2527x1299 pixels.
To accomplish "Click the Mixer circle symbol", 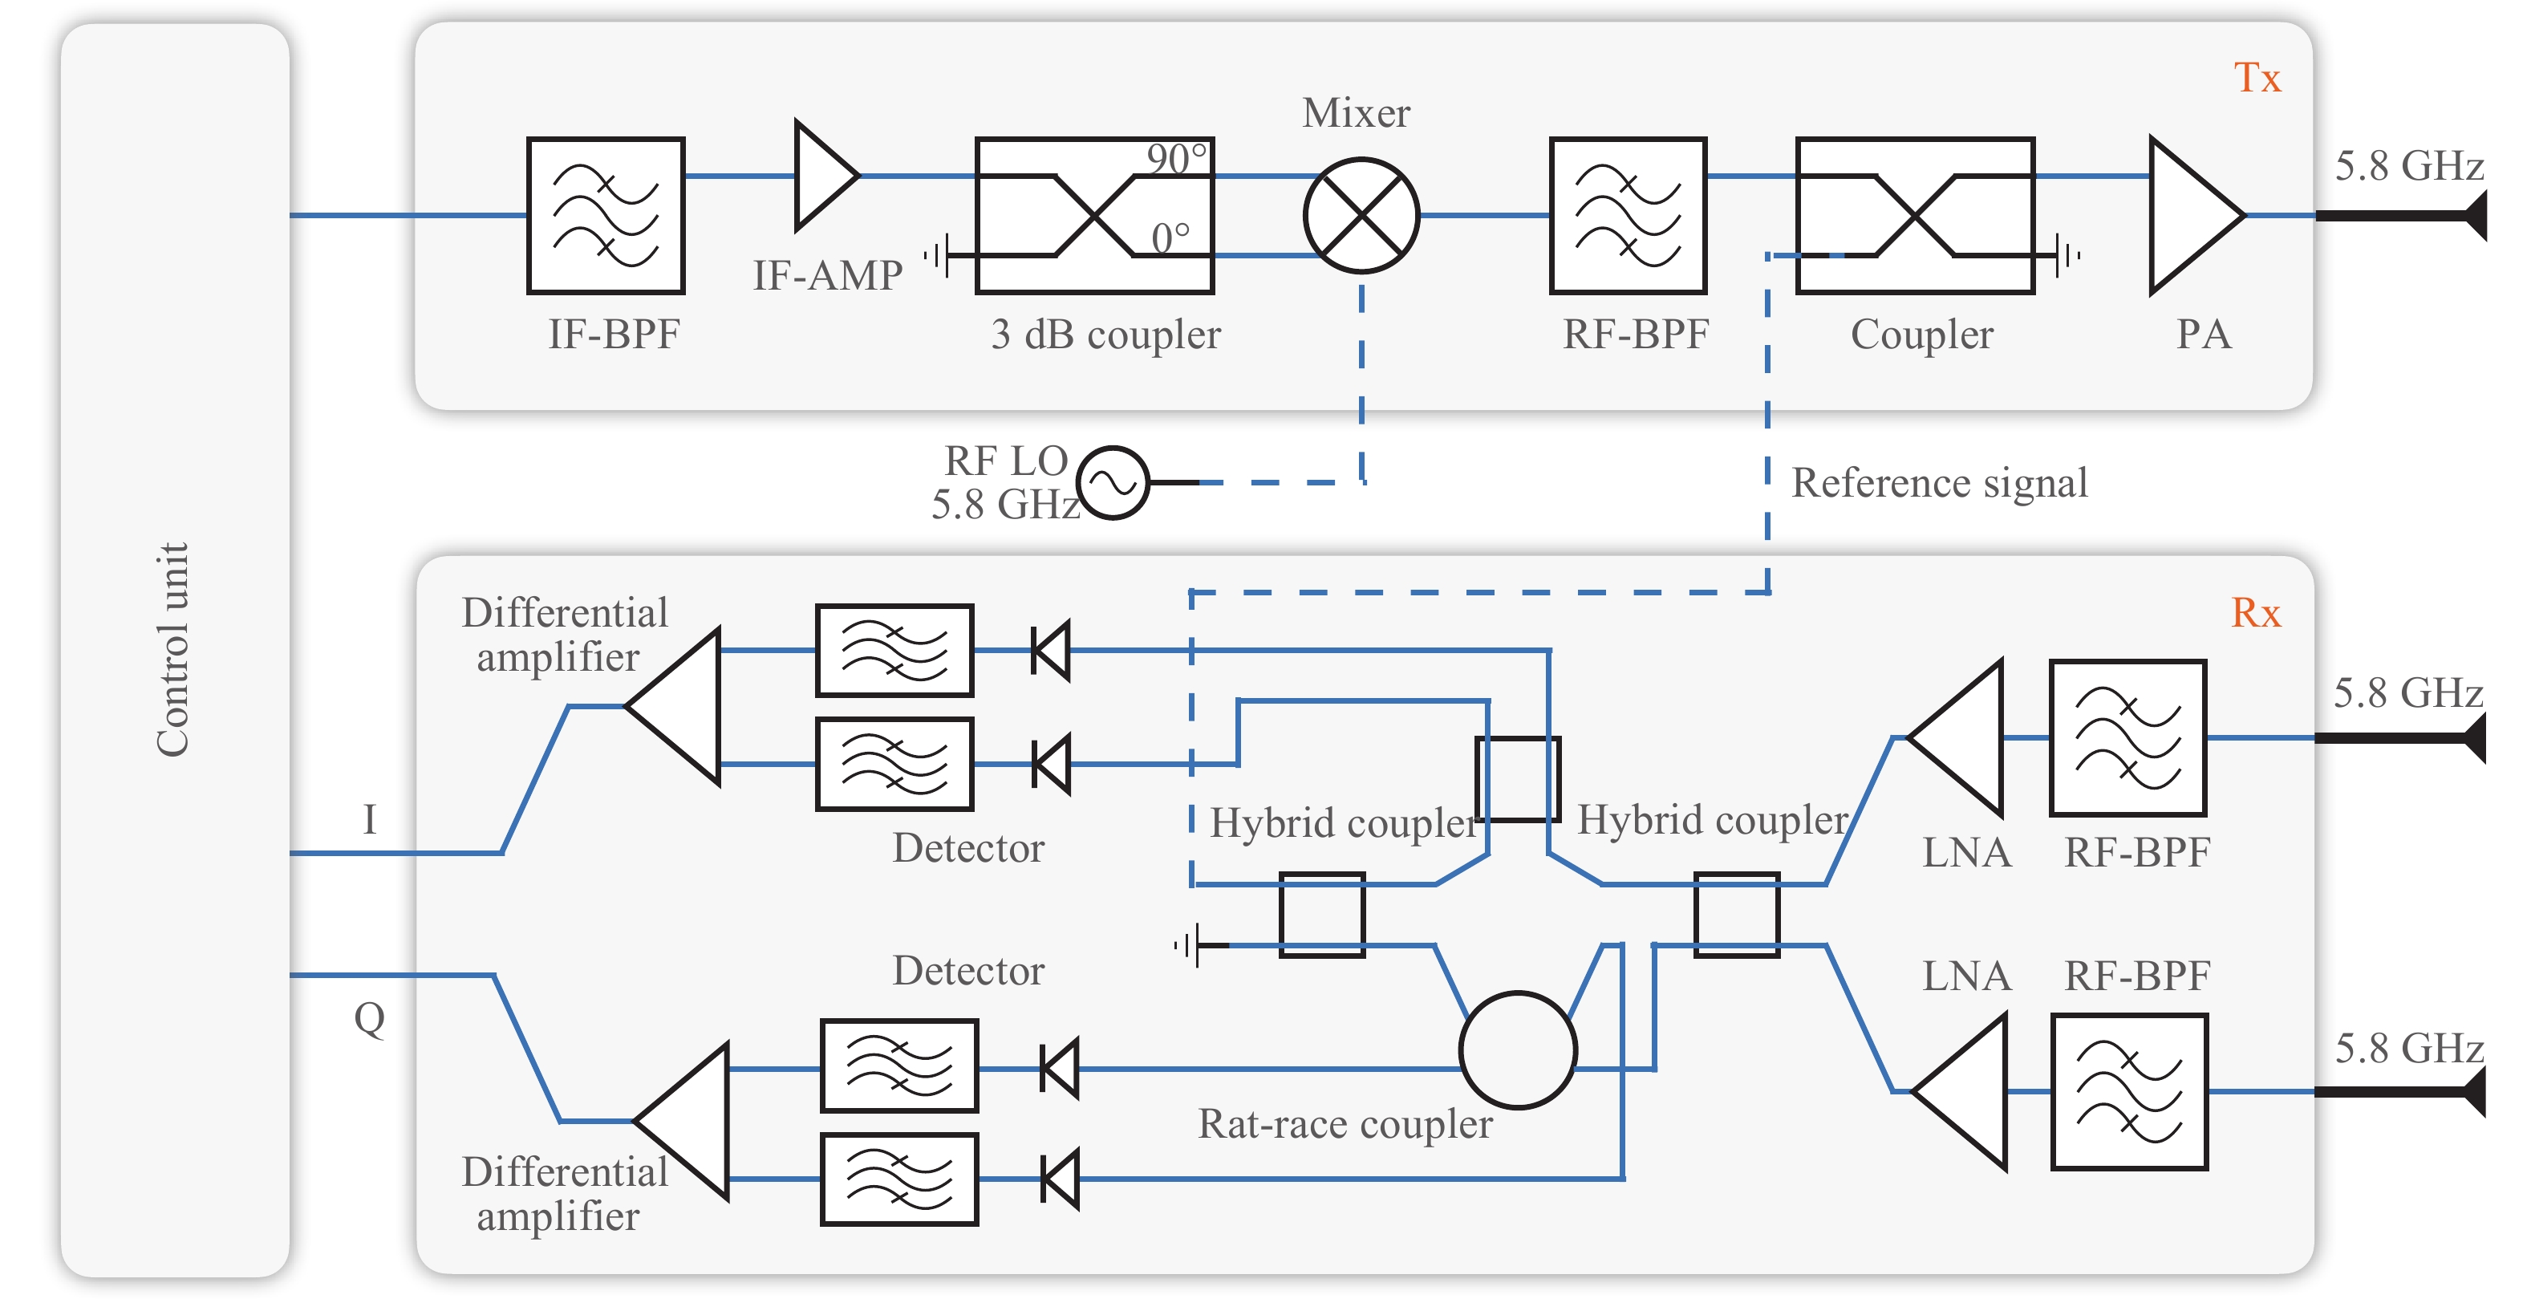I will click(1361, 215).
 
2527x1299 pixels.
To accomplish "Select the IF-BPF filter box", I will click(605, 216).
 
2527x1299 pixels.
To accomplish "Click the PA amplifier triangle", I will click(2191, 215).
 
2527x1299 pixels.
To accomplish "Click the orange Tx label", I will click(2257, 78).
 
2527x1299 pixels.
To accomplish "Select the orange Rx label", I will click(2255, 613).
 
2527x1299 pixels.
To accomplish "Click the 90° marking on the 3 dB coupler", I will click(1176, 159).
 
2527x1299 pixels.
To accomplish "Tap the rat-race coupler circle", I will click(1518, 1049).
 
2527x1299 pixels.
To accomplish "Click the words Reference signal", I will click(1940, 483).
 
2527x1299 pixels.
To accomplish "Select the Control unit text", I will click(172, 650).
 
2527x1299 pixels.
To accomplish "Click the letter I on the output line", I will click(369, 819).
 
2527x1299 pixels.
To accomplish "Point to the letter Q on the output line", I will click(369, 1018).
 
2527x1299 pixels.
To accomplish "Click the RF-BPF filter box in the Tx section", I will click(1629, 216).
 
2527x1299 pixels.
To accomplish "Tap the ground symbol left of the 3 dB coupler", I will click(937, 256).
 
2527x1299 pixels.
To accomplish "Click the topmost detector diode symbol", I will click(1051, 651).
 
